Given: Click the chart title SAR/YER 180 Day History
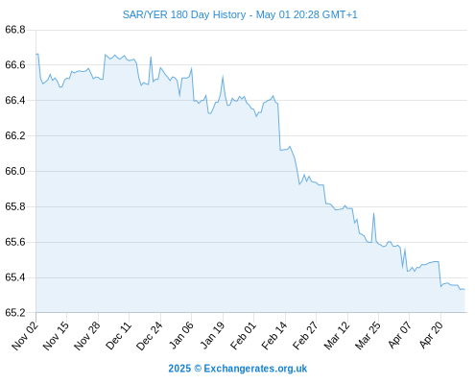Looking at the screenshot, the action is [184, 14].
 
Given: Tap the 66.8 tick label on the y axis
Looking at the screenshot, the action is [15, 30].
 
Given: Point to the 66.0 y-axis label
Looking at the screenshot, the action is [15, 171].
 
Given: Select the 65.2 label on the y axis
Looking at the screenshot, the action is [15, 313].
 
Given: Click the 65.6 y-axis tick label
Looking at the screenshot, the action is [15, 242].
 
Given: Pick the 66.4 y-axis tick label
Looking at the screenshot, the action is [15, 101].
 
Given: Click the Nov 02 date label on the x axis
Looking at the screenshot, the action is [25, 336].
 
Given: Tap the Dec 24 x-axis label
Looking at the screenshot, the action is [150, 336].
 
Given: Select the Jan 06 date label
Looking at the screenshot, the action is [181, 336].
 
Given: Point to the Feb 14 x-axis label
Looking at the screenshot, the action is [274, 336].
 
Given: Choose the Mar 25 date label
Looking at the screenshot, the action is [368, 336].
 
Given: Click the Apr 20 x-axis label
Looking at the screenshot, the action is [432, 335].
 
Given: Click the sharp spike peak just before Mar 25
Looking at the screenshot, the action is [373, 213].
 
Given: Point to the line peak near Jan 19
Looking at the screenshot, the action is [223, 76].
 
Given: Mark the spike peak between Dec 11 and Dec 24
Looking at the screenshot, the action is [151, 57].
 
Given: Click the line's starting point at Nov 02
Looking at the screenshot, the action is [36, 54].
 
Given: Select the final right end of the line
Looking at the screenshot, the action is [464, 289].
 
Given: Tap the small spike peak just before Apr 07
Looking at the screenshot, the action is [405, 248].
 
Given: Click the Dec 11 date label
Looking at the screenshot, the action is [118, 336].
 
